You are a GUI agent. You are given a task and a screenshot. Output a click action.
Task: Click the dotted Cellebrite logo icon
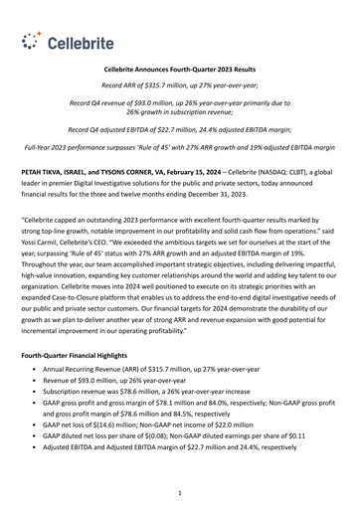point(33,40)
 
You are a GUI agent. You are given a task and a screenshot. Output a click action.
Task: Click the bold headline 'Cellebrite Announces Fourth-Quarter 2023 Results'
point(179,72)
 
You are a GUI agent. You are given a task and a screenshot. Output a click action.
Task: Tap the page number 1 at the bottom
point(179,491)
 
